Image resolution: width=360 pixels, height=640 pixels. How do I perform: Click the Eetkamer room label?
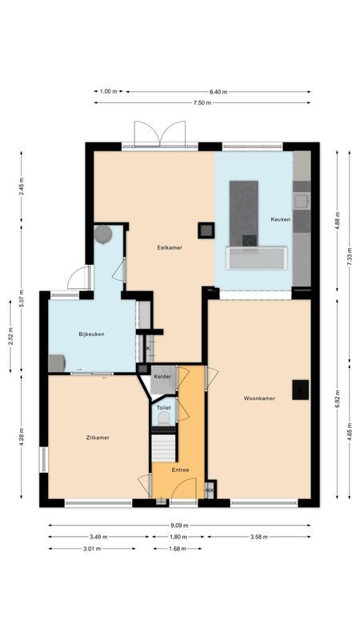click(170, 247)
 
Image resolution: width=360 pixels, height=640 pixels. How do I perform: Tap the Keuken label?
click(280, 219)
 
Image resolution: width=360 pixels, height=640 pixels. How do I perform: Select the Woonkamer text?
click(260, 398)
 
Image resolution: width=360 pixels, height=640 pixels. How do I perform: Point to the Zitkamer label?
click(98, 438)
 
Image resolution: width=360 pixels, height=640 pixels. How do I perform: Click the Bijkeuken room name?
click(92, 334)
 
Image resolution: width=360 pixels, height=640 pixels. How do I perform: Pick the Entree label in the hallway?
click(180, 470)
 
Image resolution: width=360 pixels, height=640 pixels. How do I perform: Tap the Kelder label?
click(162, 376)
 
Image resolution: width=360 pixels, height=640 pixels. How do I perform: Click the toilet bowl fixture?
click(164, 417)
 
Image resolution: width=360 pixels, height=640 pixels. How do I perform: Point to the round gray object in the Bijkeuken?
click(103, 234)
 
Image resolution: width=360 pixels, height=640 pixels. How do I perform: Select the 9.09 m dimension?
click(180, 526)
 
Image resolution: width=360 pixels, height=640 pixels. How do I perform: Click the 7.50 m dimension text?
click(202, 102)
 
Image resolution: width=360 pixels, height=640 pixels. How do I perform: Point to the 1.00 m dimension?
click(109, 92)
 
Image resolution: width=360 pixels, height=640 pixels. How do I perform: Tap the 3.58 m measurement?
click(259, 537)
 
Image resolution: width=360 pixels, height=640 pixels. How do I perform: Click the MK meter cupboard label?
click(210, 490)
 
